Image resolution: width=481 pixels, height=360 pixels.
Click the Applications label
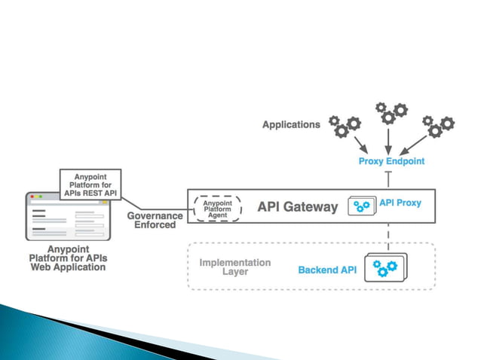[291, 125]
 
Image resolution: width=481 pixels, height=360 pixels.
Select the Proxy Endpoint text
[391, 161]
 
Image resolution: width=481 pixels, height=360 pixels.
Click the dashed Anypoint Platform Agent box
[218, 207]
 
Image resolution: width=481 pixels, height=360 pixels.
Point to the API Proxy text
[400, 203]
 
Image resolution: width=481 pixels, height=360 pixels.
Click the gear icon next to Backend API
[384, 267]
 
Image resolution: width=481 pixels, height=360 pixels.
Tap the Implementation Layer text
[235, 267]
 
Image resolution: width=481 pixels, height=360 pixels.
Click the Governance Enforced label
[155, 220]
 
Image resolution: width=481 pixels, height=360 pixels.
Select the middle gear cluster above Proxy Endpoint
[391, 114]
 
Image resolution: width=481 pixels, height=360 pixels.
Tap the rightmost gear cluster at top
[438, 124]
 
